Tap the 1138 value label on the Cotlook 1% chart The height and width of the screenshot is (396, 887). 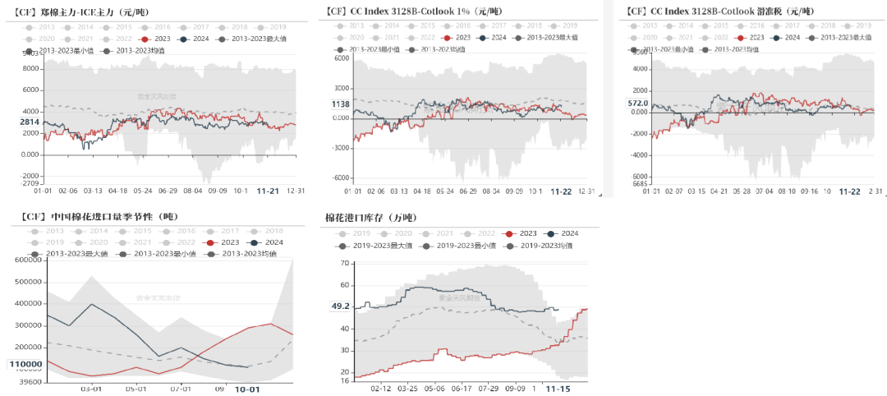pos(341,104)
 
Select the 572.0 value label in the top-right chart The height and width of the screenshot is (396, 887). pos(638,104)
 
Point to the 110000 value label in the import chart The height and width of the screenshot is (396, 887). pos(25,364)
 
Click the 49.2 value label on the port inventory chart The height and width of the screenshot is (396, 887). pos(340,306)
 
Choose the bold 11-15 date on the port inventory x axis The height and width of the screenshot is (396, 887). pos(559,388)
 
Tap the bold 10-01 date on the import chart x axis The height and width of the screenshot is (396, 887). pos(248,389)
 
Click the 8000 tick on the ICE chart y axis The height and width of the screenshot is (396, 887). pos(30,68)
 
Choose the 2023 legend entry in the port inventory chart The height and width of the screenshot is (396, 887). pos(522,233)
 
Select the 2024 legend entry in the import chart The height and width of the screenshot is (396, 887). pos(266,242)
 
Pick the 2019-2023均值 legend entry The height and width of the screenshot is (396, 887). pos(546,246)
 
